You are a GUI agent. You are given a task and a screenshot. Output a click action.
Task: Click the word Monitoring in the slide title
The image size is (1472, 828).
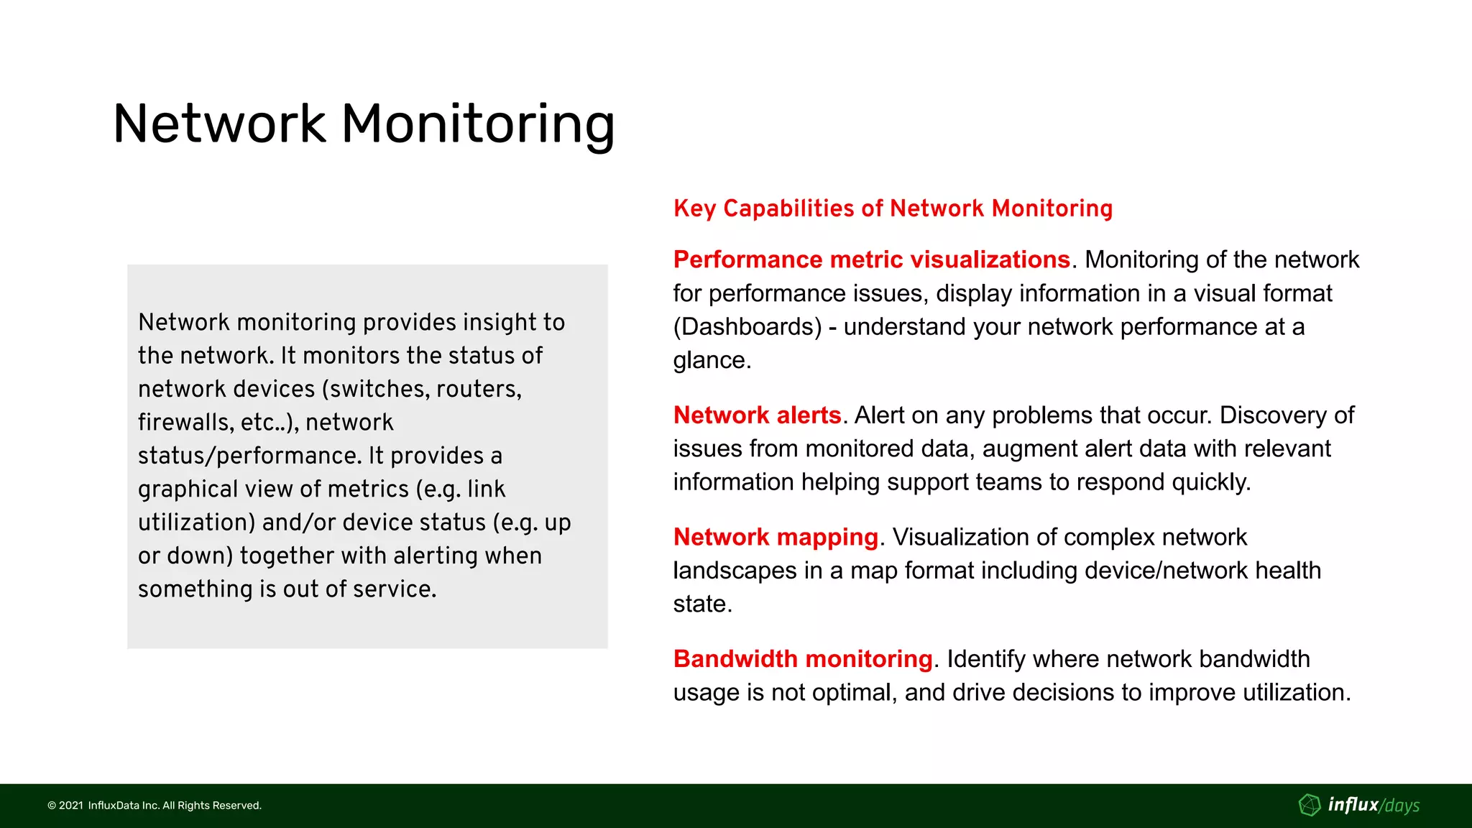click(477, 124)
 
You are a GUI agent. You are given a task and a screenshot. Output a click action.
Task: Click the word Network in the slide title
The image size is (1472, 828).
click(219, 124)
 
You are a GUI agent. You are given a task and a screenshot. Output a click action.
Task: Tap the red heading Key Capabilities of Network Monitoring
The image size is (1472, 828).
click(893, 208)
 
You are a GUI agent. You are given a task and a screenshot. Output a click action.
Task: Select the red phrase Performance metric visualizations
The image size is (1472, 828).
click(871, 259)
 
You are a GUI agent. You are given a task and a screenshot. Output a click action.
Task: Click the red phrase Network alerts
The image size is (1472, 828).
click(757, 415)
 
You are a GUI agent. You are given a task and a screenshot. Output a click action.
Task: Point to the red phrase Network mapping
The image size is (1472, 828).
click(776, 537)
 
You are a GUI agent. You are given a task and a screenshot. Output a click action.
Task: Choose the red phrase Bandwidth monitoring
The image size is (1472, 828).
click(803, 659)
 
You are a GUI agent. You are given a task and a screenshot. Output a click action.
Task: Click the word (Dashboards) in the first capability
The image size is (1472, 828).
click(747, 327)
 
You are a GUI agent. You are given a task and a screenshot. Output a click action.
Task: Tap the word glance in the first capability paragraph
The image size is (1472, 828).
click(708, 360)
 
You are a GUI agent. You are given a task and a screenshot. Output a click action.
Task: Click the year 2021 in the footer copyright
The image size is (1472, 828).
click(70, 806)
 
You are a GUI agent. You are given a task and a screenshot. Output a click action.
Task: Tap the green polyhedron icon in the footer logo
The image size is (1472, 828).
click(1310, 805)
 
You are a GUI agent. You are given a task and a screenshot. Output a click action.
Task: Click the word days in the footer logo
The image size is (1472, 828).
click(1402, 806)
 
